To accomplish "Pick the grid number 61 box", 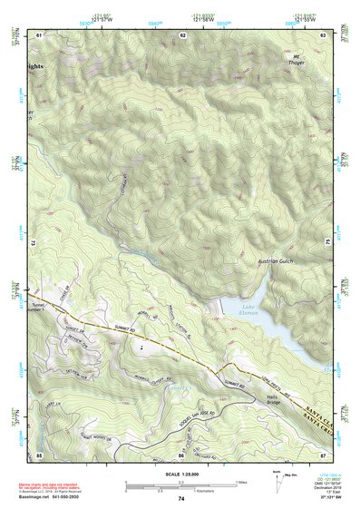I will click(39, 34).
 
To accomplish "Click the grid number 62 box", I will click(182, 34).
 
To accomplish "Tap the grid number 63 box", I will click(324, 34).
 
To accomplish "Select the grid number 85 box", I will click(39, 453).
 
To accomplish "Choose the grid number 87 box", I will click(324, 453).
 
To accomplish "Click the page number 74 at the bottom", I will click(181, 499).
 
